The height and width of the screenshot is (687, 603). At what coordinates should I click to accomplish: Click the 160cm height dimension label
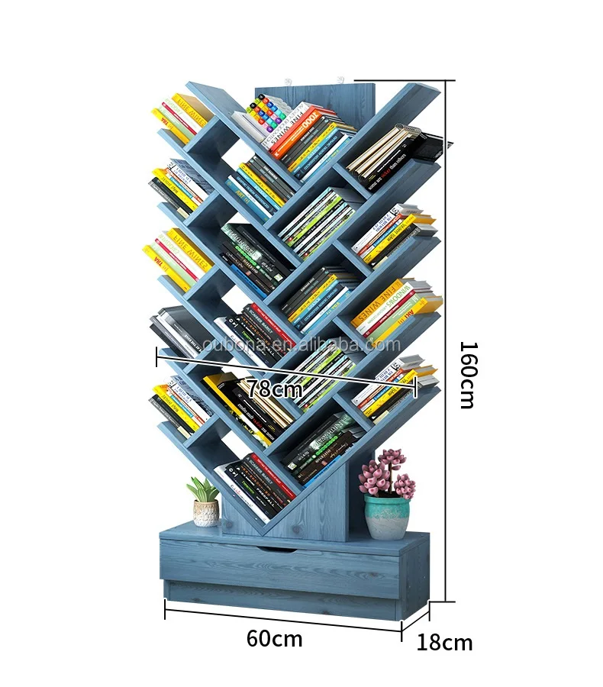click(x=467, y=373)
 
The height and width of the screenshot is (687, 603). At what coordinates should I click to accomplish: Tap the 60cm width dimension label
click(x=274, y=639)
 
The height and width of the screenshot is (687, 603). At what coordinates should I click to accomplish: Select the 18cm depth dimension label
click(x=444, y=643)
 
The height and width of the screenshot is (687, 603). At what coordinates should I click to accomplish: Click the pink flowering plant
click(x=386, y=475)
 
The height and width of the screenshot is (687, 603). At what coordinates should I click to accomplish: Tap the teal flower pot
click(x=386, y=517)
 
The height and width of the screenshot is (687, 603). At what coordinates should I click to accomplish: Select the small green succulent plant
click(x=203, y=489)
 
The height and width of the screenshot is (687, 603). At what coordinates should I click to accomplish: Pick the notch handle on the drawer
click(x=276, y=549)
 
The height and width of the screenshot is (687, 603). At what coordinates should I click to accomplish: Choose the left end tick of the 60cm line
click(x=166, y=608)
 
